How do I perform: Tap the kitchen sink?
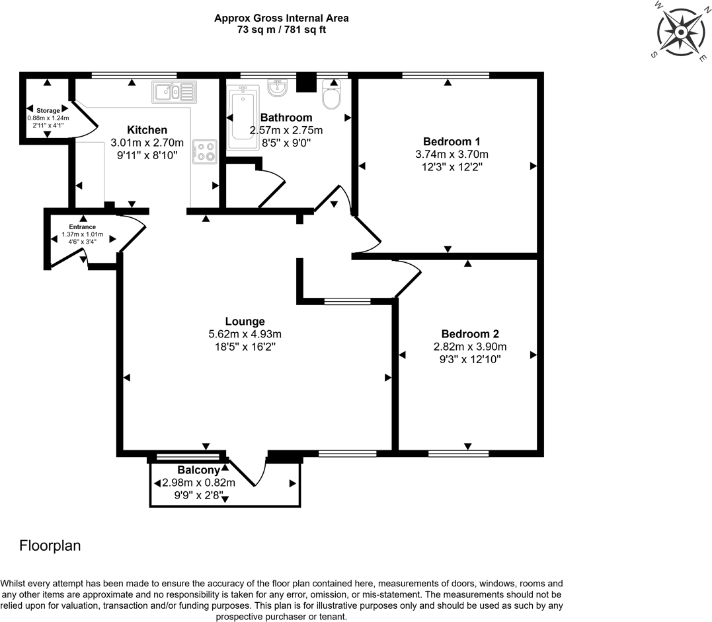(x=174, y=92)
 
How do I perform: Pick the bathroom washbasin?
(x=276, y=88)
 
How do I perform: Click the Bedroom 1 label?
(x=452, y=141)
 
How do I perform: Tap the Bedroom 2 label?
(x=471, y=333)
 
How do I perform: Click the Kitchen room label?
(x=147, y=129)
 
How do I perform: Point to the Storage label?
(x=48, y=110)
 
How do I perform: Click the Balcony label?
(x=198, y=470)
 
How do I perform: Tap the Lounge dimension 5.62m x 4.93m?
(x=245, y=334)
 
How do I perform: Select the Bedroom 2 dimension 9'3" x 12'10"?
(x=471, y=359)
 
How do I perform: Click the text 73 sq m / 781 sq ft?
(x=281, y=30)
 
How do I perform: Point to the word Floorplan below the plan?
(x=50, y=546)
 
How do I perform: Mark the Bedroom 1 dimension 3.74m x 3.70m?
(x=452, y=155)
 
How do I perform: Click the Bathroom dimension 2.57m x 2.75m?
(x=286, y=130)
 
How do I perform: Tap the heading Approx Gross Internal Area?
(x=281, y=18)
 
